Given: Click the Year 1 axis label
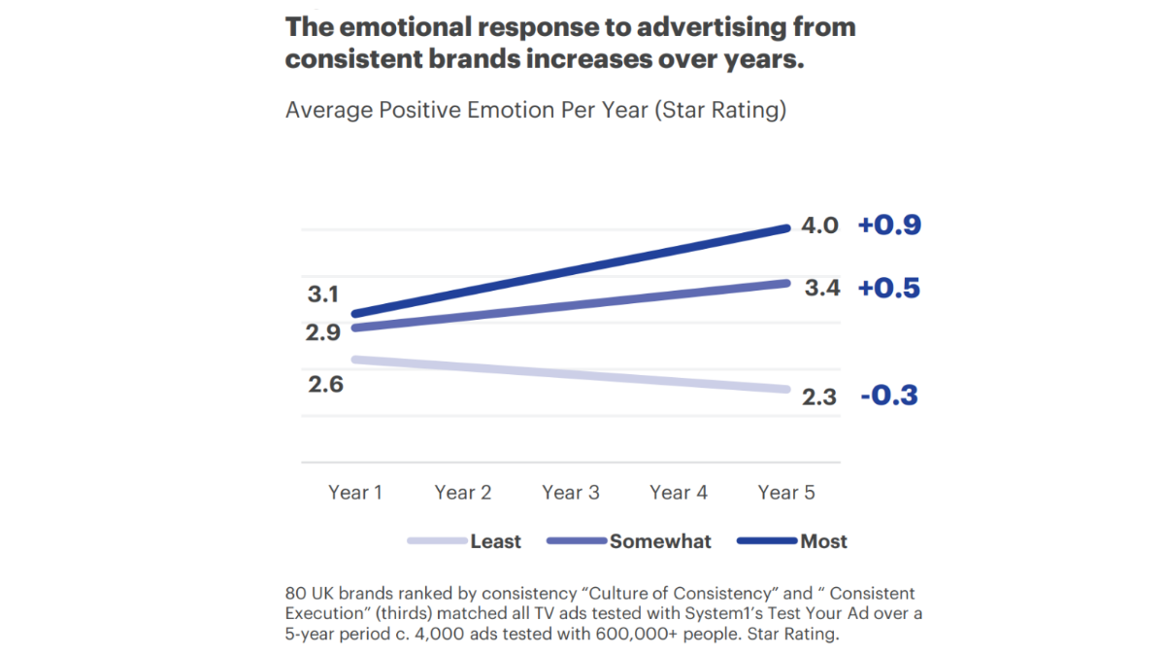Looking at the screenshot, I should [x=355, y=493].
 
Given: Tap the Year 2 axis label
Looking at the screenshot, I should [x=463, y=493].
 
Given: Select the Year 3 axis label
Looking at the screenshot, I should [x=571, y=493].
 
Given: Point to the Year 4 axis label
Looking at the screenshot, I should [x=679, y=493].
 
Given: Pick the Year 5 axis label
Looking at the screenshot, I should [x=786, y=493].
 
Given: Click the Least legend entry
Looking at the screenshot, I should [x=495, y=542].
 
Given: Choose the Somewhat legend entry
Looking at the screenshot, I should [x=660, y=542].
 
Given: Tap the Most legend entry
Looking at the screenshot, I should [x=823, y=542].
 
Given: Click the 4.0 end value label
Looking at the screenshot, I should [x=819, y=226].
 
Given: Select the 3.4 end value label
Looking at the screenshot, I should [x=821, y=289].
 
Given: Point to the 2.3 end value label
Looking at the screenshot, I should [x=819, y=397].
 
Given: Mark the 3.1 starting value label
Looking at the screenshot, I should [x=323, y=294].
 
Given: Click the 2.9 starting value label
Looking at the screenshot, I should [x=323, y=332].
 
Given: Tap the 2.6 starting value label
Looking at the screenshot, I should [x=326, y=384].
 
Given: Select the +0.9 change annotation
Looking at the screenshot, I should [x=889, y=225].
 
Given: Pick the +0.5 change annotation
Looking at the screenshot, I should [x=888, y=289].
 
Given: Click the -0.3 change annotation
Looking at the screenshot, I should [x=888, y=396].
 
